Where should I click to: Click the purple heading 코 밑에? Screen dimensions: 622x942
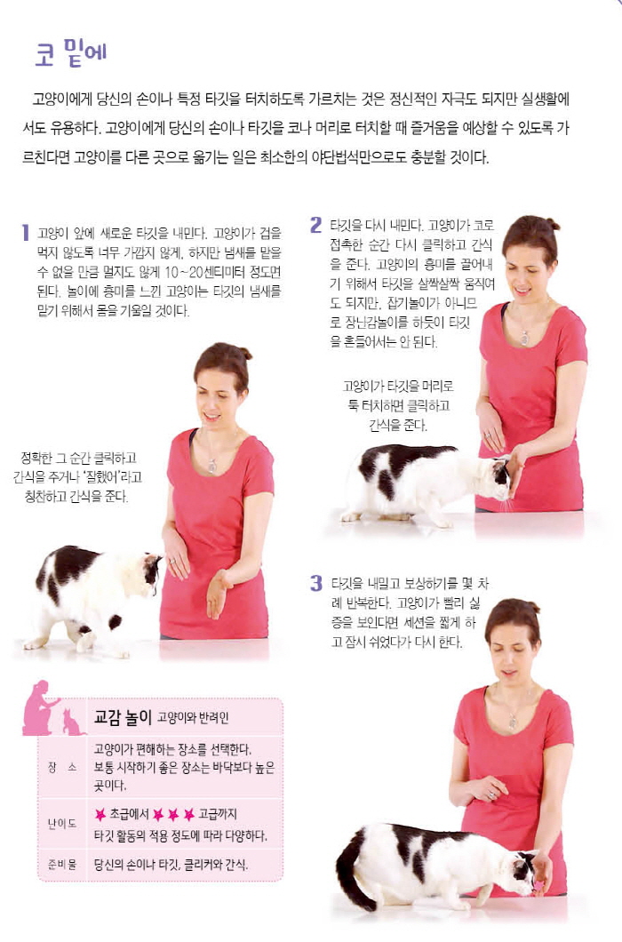tap(71, 52)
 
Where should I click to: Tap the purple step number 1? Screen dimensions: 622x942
tap(25, 233)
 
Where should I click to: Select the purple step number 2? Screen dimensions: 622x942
tap(316, 225)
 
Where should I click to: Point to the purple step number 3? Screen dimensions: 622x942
tap(316, 583)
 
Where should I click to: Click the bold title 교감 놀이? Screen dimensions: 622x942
tap(123, 716)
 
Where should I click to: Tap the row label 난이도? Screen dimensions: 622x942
tap(62, 824)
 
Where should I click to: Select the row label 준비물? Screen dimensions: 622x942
tap(62, 865)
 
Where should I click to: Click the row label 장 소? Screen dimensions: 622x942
tap(62, 767)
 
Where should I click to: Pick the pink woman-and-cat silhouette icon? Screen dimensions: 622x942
tap(52, 709)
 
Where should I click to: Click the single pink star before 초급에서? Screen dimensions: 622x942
tap(100, 814)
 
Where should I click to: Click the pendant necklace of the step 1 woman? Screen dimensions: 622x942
tap(211, 465)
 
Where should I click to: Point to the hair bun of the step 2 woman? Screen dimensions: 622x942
tap(553, 225)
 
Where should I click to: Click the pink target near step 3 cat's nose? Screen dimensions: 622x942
tap(539, 885)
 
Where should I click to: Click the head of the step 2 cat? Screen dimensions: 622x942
tap(498, 475)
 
